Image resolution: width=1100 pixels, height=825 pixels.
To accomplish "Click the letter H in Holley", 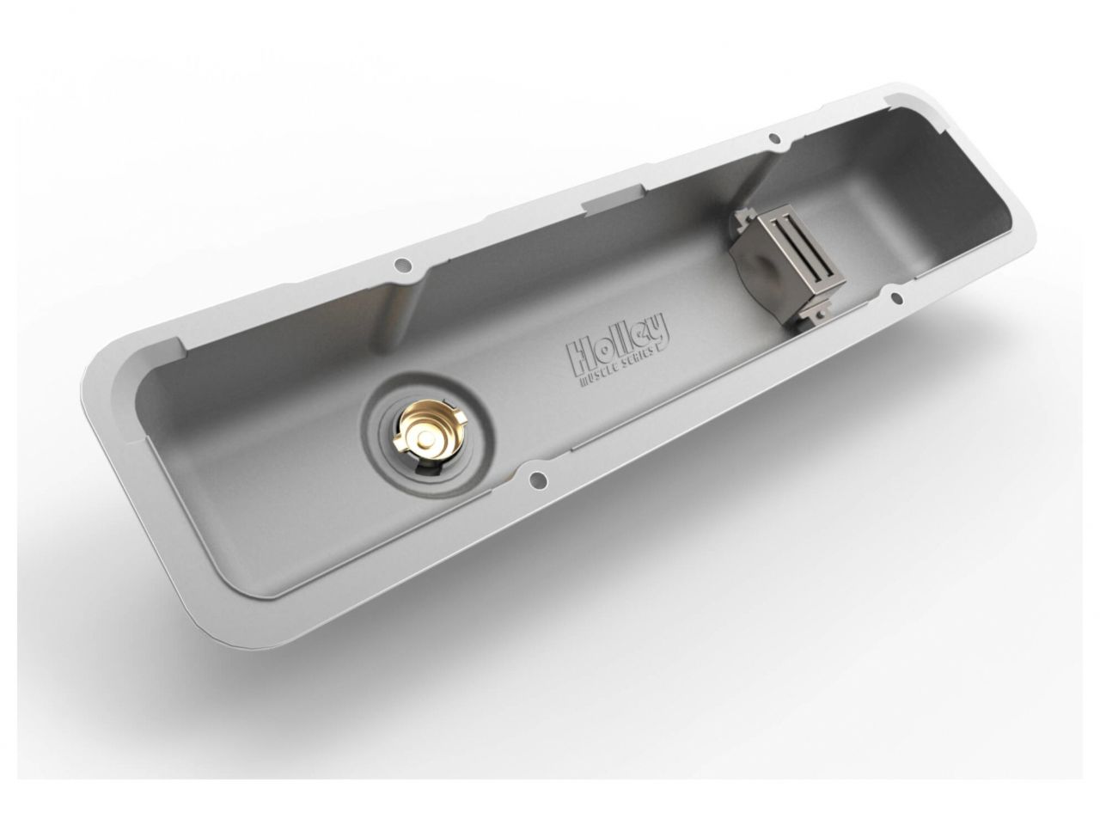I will point(577,350).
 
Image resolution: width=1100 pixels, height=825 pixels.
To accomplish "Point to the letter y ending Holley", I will point(662,326).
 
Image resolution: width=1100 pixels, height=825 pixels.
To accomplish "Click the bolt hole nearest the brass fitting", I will point(539,480).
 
